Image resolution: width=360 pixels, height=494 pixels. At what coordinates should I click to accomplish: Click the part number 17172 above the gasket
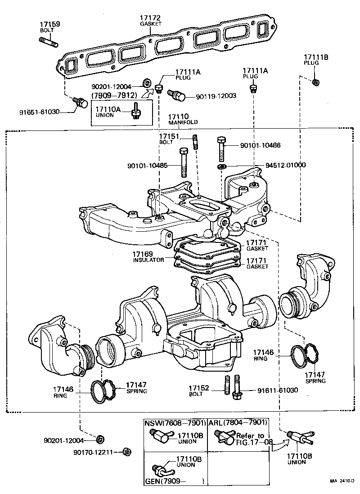tap(151, 18)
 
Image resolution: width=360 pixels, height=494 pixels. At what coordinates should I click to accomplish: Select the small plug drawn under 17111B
tap(316, 82)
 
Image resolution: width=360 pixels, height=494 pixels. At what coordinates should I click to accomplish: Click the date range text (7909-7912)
tap(114, 96)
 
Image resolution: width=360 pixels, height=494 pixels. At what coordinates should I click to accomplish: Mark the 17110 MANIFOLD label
tap(179, 119)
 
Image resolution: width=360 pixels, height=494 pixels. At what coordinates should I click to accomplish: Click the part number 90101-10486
tap(261, 145)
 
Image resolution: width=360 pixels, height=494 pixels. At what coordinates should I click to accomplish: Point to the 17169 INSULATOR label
tap(148, 257)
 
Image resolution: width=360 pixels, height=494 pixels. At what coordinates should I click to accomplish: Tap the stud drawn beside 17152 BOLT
tap(227, 385)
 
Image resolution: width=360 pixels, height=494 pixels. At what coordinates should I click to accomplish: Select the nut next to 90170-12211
tap(127, 451)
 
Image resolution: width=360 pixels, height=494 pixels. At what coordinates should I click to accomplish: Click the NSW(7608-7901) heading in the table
tap(175, 423)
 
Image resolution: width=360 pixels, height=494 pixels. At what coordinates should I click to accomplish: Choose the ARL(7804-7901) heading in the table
tap(238, 422)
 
